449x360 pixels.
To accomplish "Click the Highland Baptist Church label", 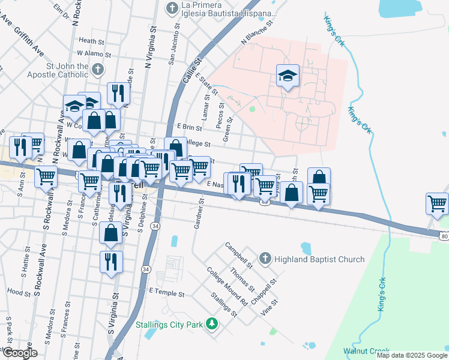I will pos(319,259).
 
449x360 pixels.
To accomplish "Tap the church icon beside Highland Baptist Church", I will pos(264,259).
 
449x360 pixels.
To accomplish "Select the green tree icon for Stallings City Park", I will pos(211,324).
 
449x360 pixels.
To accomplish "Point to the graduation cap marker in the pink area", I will pos(288,76).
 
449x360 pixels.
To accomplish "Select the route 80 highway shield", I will pos(444,236).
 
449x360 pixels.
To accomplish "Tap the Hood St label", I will pos(19,292).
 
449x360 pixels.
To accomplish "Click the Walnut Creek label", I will pos(366,351).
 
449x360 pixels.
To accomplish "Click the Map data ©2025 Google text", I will pos(412,355).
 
